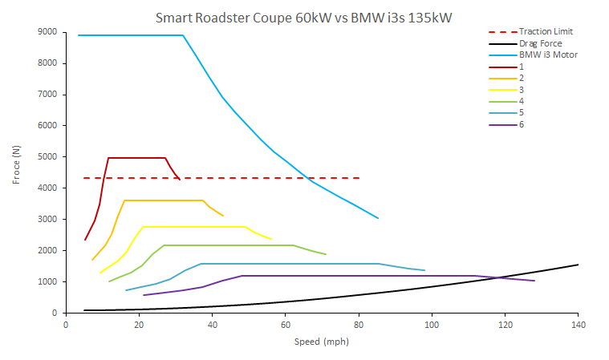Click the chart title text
click(x=306, y=16)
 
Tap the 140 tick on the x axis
click(x=578, y=325)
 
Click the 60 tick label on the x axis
click(x=285, y=325)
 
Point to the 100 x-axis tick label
click(x=432, y=325)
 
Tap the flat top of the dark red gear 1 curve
click(x=136, y=158)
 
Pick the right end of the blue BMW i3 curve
click(x=378, y=218)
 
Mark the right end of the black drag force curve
click(x=578, y=265)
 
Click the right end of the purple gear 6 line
click(x=534, y=281)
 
